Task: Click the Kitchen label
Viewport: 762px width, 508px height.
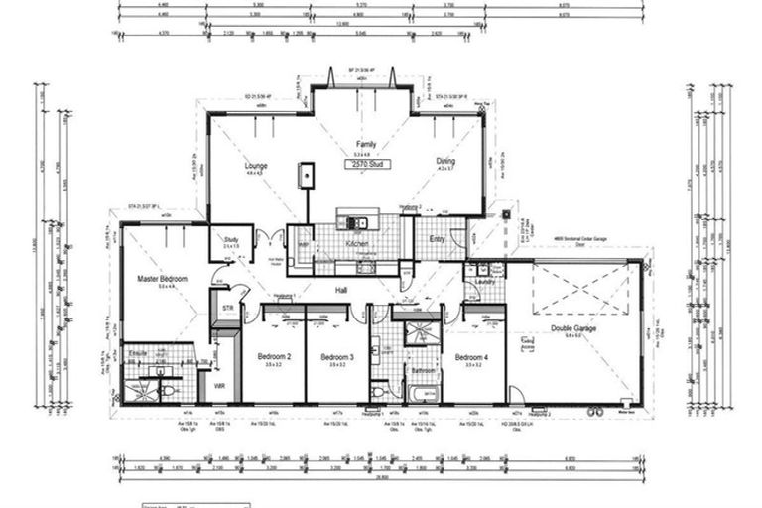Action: tap(358, 243)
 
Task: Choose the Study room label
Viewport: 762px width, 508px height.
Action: tap(231, 239)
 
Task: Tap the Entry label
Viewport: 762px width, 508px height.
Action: tap(438, 239)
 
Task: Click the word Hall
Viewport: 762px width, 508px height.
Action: tap(341, 290)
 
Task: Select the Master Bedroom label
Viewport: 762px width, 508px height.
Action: tap(162, 280)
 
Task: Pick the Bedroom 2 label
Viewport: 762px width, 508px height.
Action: tap(274, 356)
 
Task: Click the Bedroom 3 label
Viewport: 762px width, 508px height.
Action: tap(336, 356)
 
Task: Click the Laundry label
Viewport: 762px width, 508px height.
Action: tap(485, 282)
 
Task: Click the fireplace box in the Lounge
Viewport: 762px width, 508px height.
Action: tap(307, 176)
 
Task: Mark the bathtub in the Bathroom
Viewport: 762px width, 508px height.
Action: tap(425, 392)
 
